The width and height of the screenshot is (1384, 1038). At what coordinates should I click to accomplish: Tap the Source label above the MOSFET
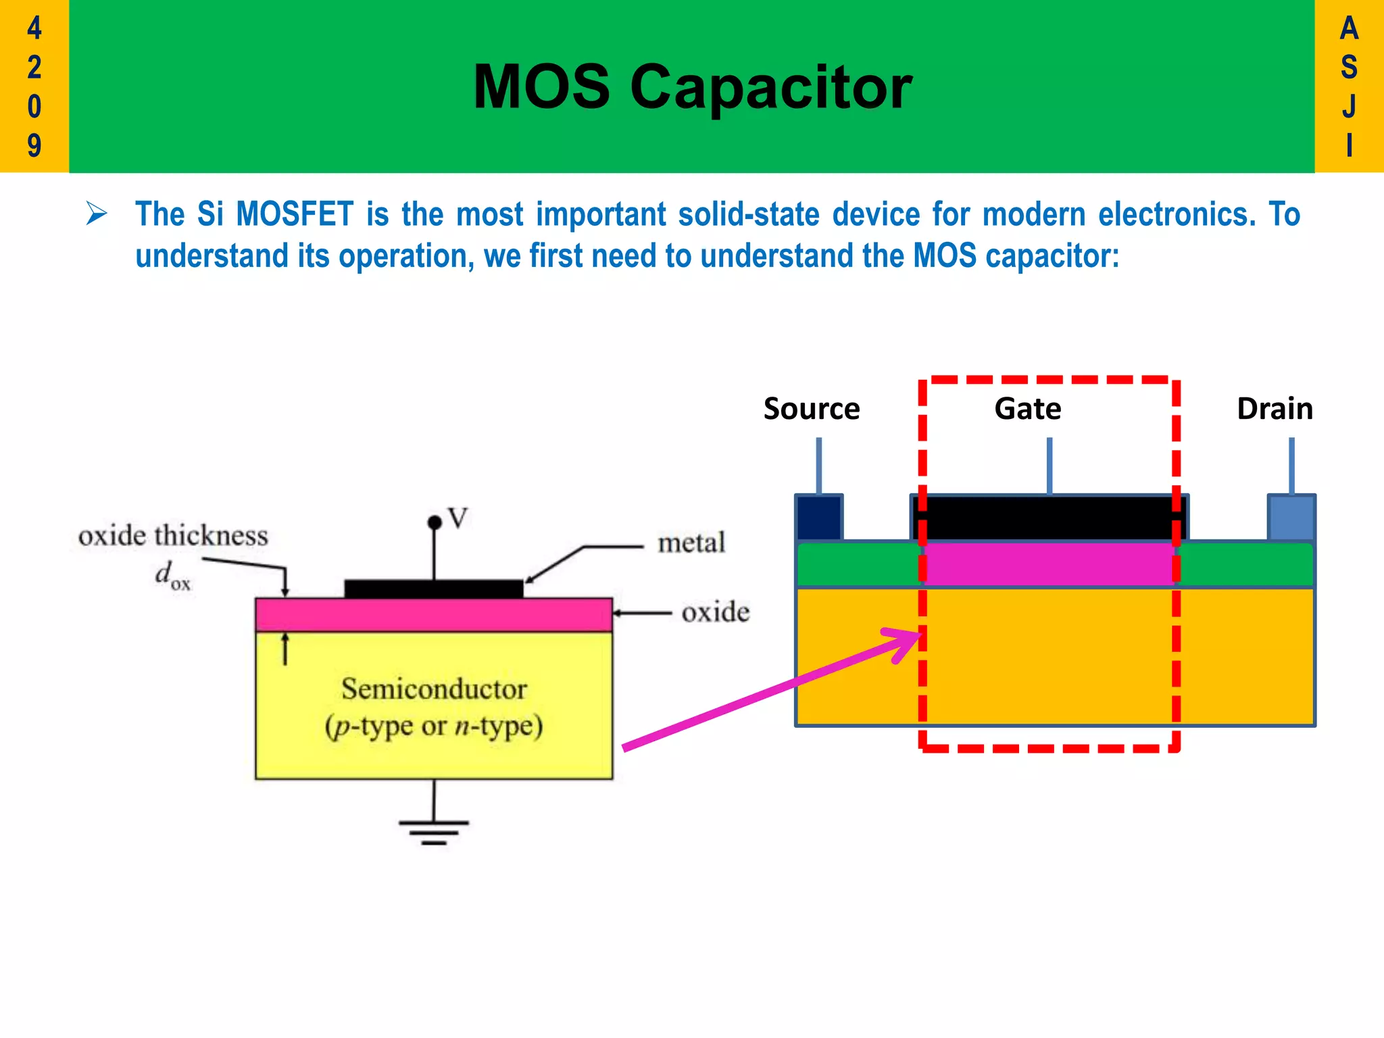[x=812, y=409]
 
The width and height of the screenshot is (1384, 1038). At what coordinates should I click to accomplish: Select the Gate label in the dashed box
[x=1028, y=409]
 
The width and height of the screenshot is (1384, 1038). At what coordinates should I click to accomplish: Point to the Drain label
[x=1275, y=409]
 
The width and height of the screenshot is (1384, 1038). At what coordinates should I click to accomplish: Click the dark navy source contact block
[x=819, y=518]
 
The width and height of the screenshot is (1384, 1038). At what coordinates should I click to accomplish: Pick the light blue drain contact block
[x=1291, y=518]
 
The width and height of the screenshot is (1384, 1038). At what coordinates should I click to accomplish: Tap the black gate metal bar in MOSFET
[x=1049, y=518]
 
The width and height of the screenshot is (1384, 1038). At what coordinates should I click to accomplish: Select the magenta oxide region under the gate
[x=1049, y=564]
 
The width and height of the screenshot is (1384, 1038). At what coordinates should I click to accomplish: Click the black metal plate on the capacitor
[x=433, y=589]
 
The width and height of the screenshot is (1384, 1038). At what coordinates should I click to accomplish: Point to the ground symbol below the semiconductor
[x=433, y=831]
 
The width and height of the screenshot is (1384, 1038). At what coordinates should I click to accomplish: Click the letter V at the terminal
[x=458, y=518]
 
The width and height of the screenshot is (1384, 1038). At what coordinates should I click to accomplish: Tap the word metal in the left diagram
[x=691, y=543]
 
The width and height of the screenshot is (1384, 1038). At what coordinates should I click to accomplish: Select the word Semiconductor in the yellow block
[x=434, y=689]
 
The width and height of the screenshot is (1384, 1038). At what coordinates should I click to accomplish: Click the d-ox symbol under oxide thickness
[x=172, y=576]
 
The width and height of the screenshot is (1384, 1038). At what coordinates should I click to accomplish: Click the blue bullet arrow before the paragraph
[x=97, y=214]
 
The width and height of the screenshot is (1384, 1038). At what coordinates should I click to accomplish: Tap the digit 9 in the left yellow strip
[x=34, y=145]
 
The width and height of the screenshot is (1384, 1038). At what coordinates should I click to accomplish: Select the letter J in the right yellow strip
[x=1349, y=106]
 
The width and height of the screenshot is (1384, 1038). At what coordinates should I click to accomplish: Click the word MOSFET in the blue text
[x=295, y=214]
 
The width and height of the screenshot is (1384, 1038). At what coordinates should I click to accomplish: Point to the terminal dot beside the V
[x=435, y=522]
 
